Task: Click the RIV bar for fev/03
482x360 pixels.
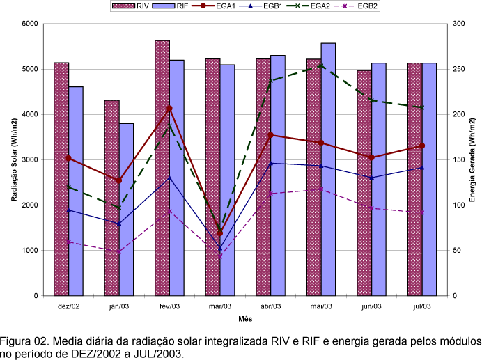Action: [162, 167]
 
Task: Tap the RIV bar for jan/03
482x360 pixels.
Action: [111, 198]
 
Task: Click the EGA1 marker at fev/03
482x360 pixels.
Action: [169, 109]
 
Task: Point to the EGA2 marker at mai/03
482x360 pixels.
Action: [320, 65]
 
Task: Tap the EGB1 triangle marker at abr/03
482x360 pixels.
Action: [270, 163]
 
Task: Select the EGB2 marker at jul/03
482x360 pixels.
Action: [421, 212]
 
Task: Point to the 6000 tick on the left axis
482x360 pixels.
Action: [29, 24]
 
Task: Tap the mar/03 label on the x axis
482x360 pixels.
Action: [219, 306]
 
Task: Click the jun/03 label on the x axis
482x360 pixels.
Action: [371, 306]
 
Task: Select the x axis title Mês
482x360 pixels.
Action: [244, 319]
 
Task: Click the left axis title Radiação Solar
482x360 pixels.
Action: [14, 159]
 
